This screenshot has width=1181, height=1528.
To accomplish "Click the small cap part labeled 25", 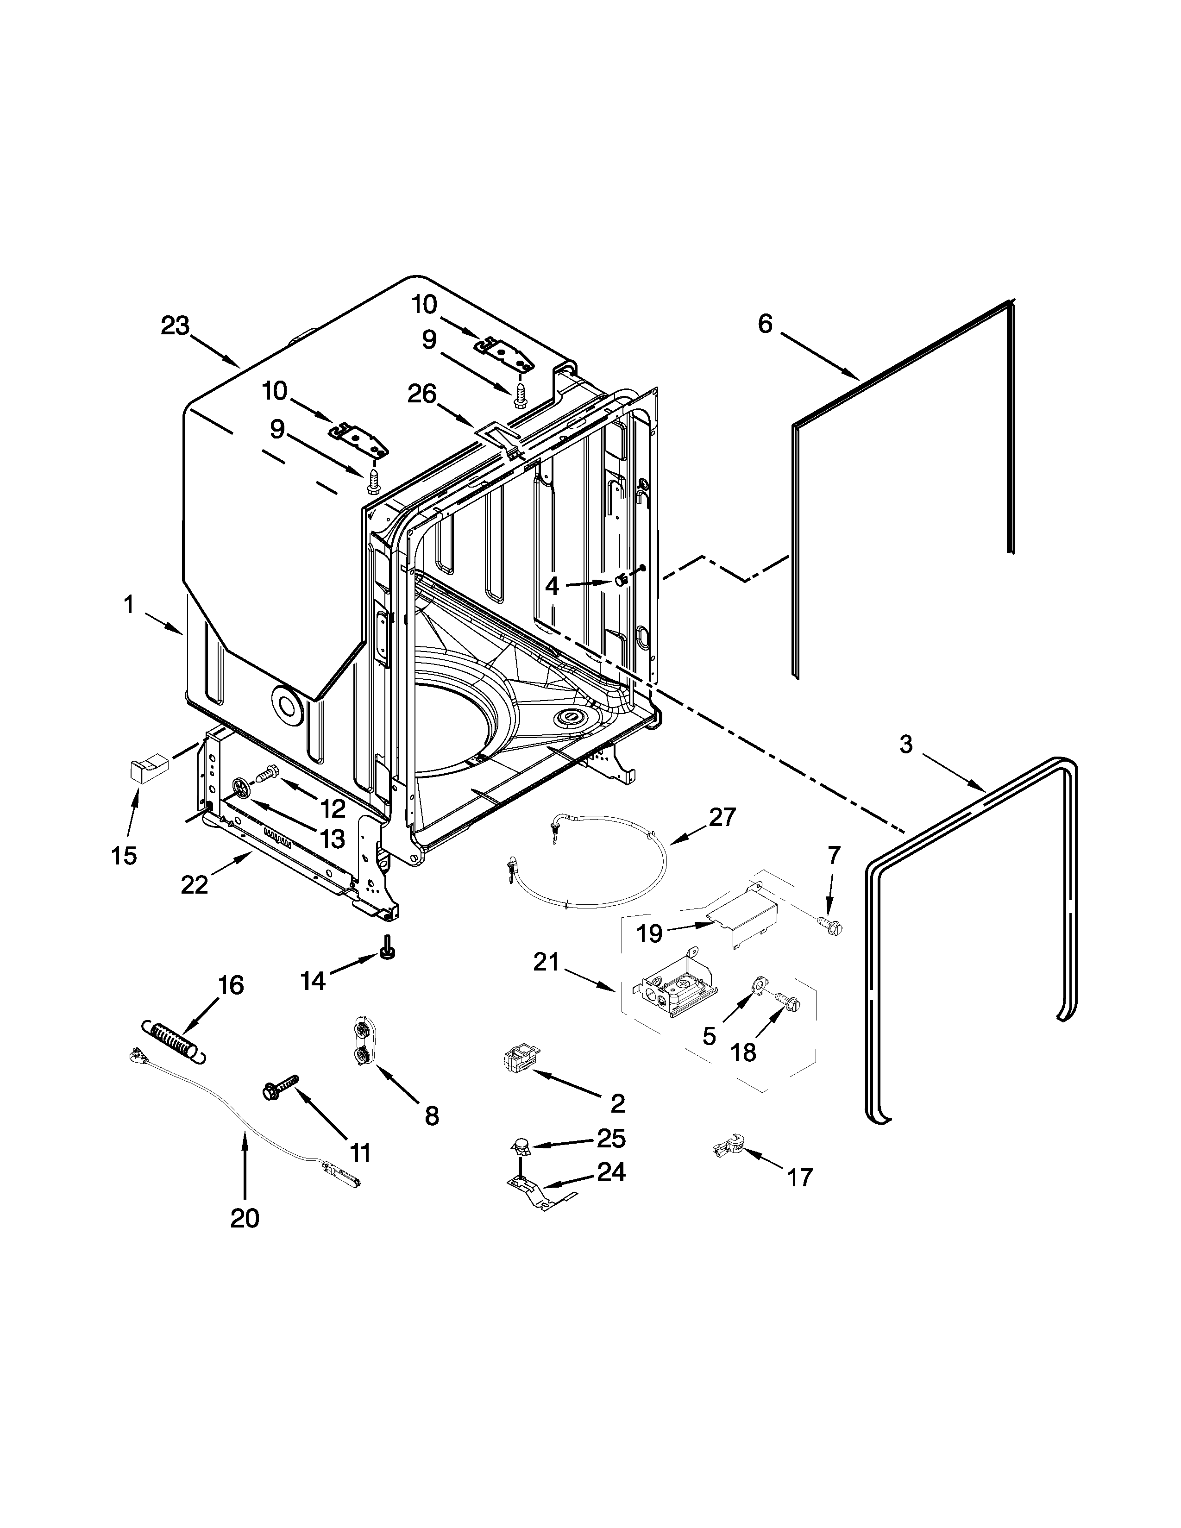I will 520,1145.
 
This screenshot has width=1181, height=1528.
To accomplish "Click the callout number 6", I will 766,324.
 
